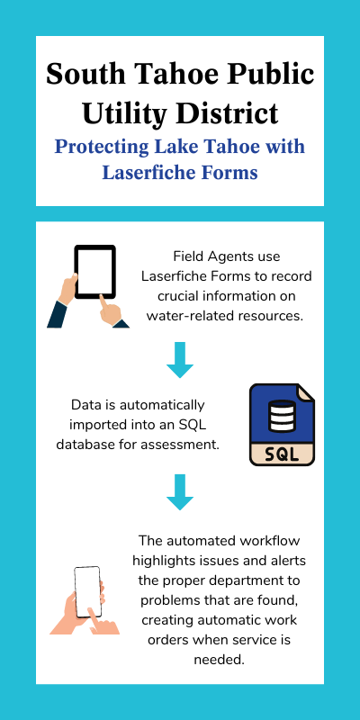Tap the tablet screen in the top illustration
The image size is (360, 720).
95,272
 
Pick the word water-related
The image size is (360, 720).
186,317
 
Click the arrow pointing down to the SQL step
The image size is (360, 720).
179,360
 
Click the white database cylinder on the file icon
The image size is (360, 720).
282,416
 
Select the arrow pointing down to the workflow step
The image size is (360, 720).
179,492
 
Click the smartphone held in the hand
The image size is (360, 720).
87,592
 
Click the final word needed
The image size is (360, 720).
218,660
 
